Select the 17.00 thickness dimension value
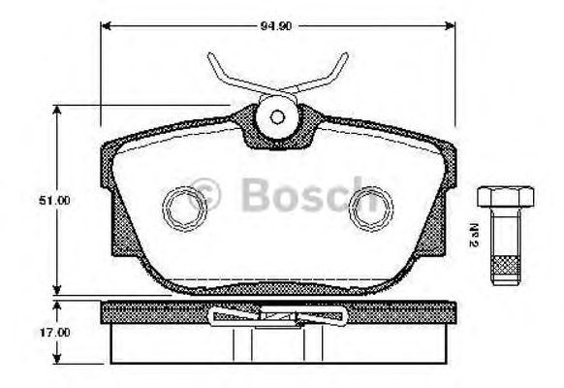click(33, 332)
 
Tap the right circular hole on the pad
click(367, 204)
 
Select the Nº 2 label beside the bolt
click(477, 234)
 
